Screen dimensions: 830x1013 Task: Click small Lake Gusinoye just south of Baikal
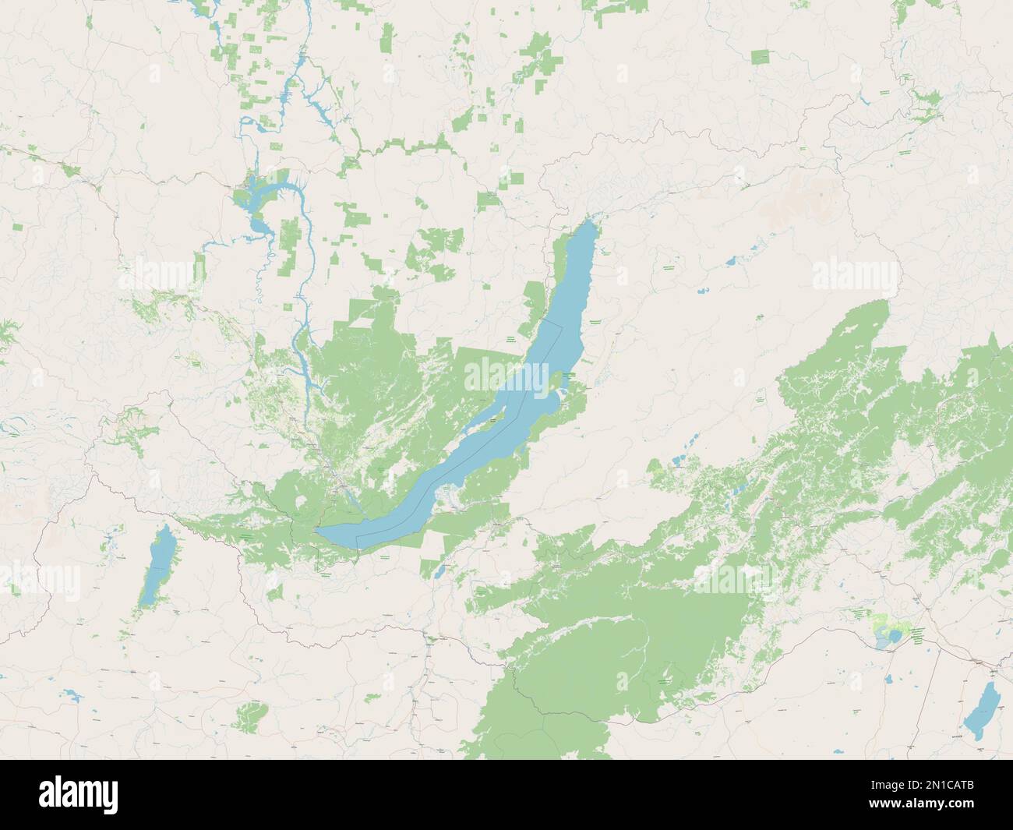click(439, 572)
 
